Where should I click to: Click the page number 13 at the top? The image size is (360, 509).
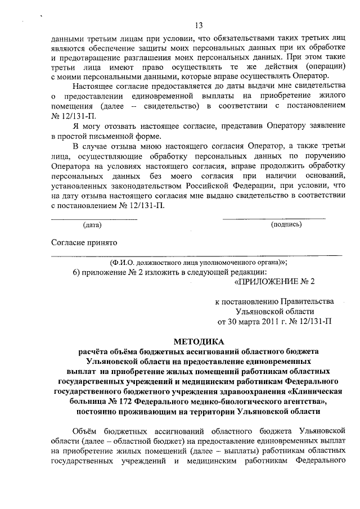(199, 25)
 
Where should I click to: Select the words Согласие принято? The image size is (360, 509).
(84, 242)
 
